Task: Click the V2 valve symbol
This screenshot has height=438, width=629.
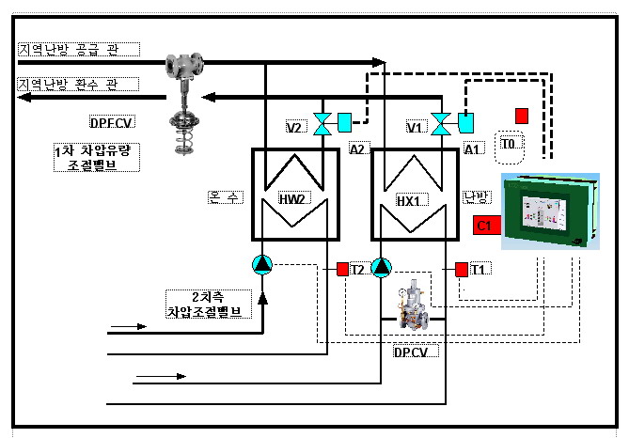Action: point(323,124)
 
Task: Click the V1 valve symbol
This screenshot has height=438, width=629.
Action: point(439,124)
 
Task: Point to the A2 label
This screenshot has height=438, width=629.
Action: point(358,149)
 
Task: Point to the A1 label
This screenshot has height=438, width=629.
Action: point(475,149)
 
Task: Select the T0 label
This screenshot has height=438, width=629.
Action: point(509,144)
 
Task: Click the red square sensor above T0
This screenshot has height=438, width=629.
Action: point(522,115)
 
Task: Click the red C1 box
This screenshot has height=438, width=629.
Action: point(485,226)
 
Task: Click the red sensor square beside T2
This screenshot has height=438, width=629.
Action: point(342,270)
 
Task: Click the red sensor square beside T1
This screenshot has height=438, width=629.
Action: point(461,270)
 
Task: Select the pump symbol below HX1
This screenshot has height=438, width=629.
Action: point(381,268)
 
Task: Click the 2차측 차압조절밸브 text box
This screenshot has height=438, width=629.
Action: point(210,304)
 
